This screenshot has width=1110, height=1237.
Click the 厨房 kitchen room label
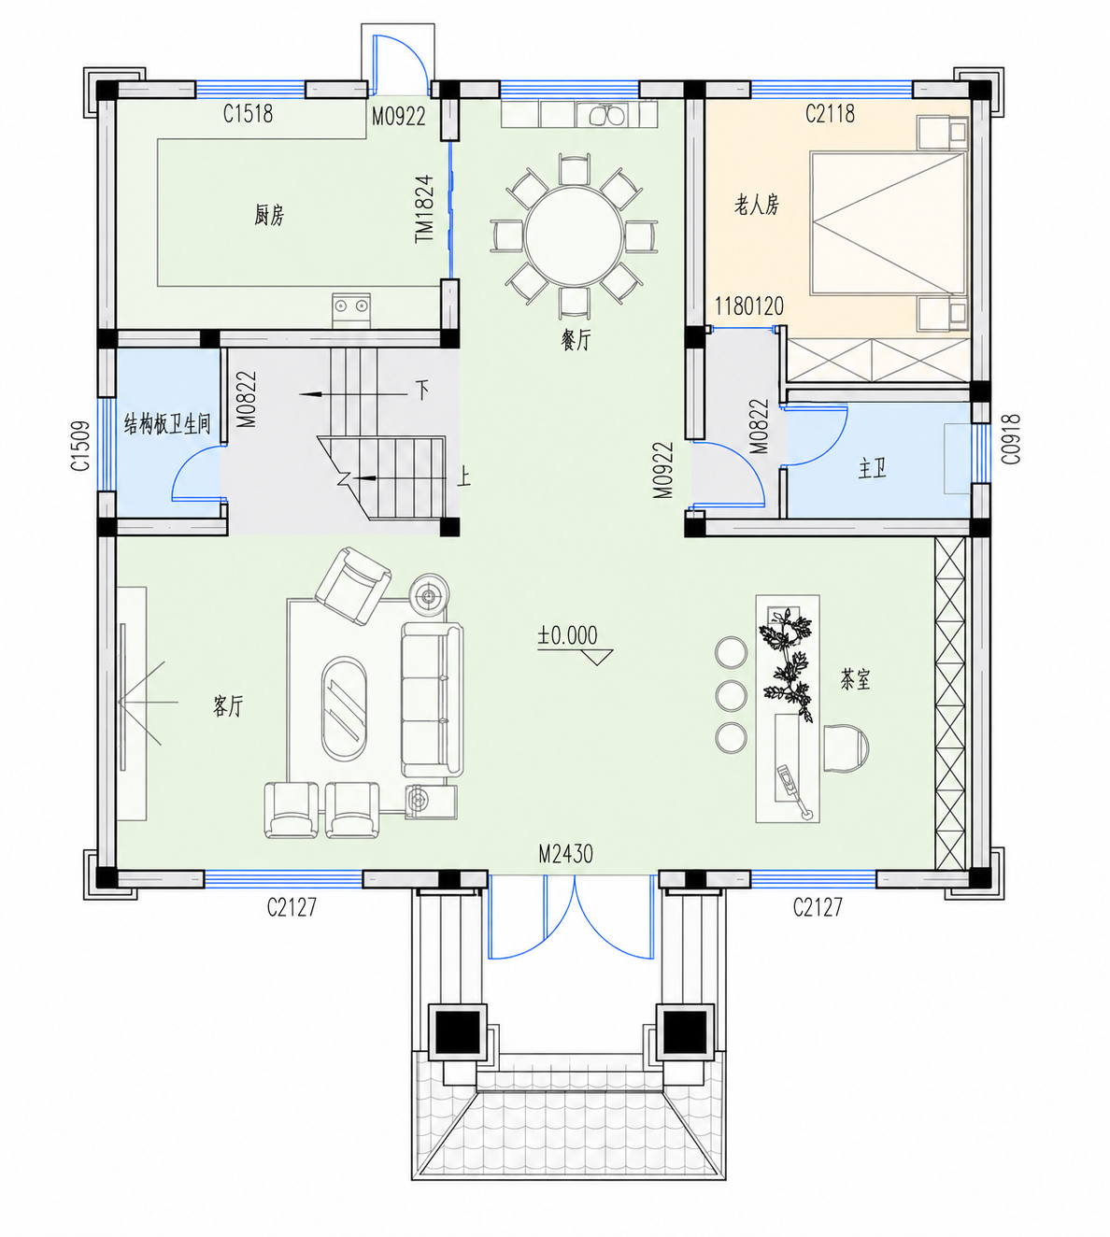coord(269,216)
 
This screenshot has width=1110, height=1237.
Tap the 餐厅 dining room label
coord(576,340)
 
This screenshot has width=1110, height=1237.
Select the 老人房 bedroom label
coord(757,205)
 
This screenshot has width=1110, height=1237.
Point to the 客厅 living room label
coord(228,705)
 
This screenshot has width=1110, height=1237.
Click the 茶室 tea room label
coord(855,679)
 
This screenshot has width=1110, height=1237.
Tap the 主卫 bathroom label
coord(873,469)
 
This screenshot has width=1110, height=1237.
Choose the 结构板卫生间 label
coord(167,424)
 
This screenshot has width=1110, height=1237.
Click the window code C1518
coord(248,114)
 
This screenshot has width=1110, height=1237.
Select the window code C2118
coord(830,114)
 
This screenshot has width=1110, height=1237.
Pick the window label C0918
coord(1011,440)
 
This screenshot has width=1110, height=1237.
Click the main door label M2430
coord(565,854)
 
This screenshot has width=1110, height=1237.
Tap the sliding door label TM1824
coord(424,208)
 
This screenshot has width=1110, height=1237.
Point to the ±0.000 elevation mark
coord(567,635)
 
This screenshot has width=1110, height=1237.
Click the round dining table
coord(574,235)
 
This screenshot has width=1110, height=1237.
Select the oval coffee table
coord(345,709)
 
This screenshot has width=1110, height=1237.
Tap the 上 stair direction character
coord(464,476)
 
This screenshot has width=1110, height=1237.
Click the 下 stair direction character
coord(422,391)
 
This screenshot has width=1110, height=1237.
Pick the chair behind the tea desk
coord(847,748)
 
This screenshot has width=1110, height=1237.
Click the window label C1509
coord(80,447)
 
